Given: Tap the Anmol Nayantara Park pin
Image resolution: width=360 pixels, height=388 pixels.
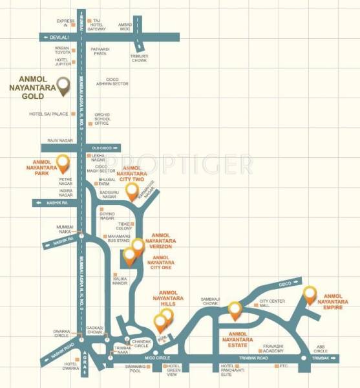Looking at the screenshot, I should (63, 162).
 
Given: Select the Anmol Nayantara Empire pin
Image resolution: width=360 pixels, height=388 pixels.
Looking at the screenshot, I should (310, 294).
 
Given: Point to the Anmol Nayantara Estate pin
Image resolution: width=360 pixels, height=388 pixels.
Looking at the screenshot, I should (236, 311).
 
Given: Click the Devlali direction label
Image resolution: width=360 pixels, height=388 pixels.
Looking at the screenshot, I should (58, 38).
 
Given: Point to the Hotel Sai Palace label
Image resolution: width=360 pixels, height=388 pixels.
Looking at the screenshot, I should (48, 114).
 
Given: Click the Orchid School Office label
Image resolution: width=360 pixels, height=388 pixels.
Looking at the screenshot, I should (103, 118).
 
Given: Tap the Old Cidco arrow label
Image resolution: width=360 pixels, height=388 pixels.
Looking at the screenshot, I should (105, 148).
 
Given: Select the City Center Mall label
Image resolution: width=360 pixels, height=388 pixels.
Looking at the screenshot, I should (273, 303).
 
